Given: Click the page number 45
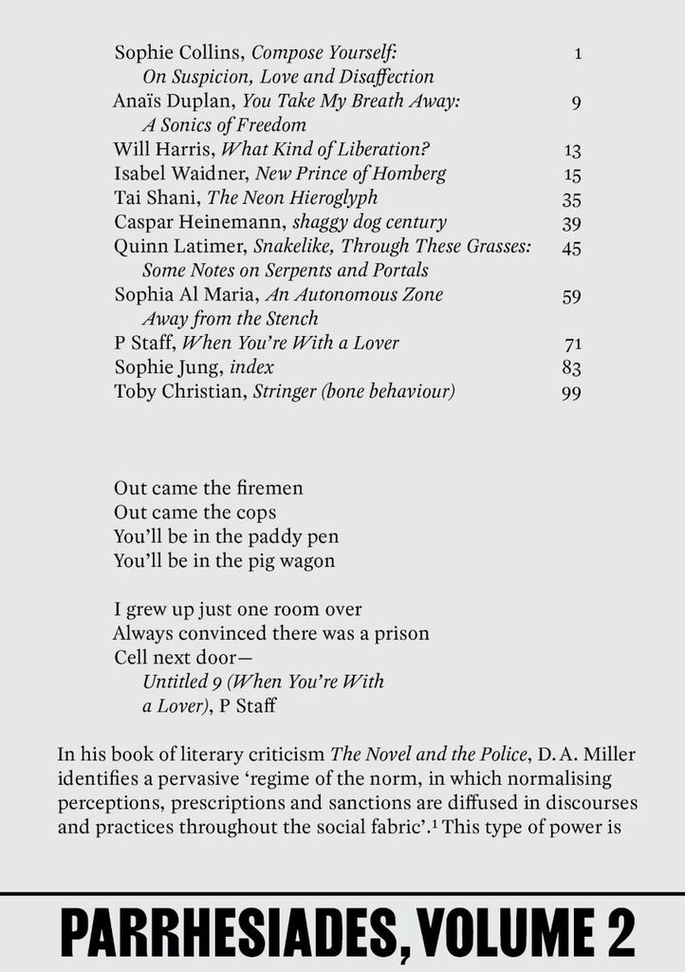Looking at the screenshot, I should tap(570, 248).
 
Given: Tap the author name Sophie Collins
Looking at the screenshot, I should tap(178, 52).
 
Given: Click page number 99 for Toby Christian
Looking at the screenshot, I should tap(570, 392).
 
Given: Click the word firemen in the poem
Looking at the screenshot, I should tap(269, 488).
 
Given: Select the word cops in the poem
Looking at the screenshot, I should tap(256, 513).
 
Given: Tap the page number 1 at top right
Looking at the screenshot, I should tap(578, 53).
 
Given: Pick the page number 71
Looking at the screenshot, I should tap(571, 344).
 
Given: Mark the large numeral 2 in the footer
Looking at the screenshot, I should tap(618, 934).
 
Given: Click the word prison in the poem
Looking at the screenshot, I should tap(402, 632).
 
